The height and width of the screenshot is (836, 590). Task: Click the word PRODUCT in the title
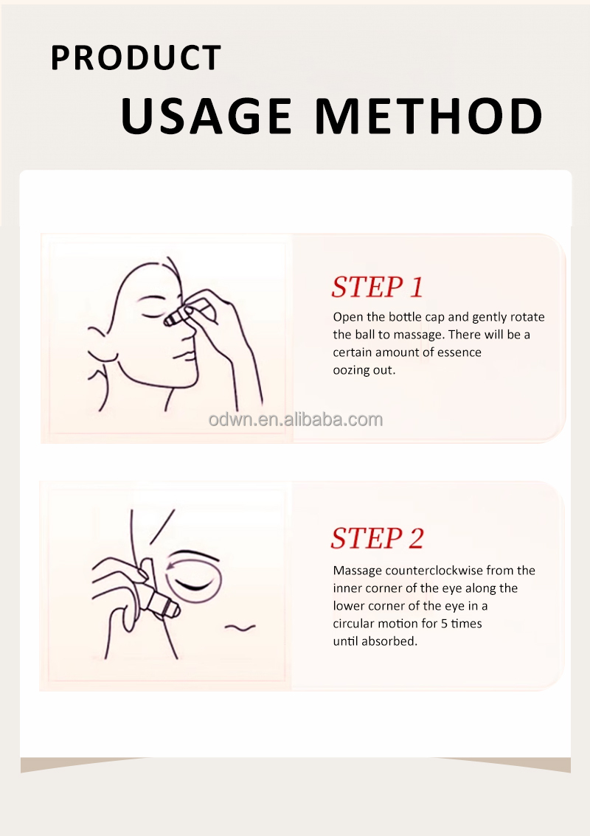click(136, 58)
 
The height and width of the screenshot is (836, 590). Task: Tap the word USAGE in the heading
click(206, 116)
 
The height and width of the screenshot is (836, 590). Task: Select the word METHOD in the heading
click(429, 116)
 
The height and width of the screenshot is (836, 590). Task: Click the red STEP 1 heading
click(377, 287)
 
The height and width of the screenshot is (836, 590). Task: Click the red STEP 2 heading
click(377, 537)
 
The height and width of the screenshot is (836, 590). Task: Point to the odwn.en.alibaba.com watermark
click(296, 419)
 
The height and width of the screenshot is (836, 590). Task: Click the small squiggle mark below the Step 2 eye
click(240, 627)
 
